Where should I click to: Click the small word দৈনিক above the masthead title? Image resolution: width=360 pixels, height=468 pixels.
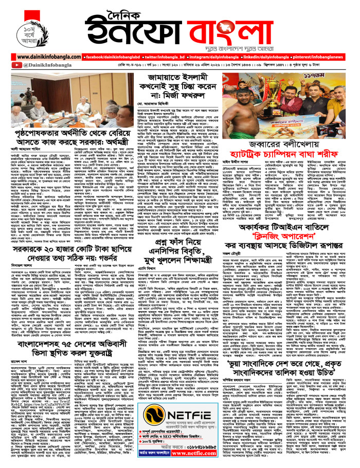point(181,8)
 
